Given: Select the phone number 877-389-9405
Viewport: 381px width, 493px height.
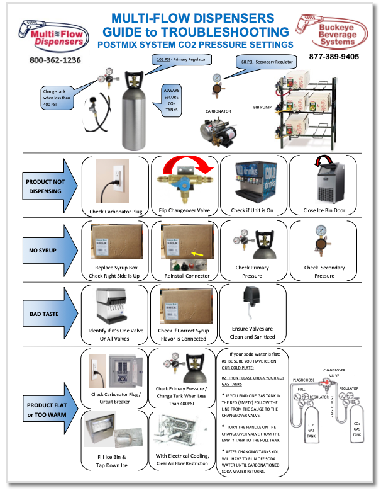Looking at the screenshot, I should tap(334, 57).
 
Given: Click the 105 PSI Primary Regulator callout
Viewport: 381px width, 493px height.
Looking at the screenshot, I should tap(182, 59).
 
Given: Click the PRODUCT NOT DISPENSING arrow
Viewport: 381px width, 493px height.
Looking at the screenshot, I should tap(48, 184).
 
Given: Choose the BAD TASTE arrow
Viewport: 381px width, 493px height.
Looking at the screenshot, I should tap(48, 312).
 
